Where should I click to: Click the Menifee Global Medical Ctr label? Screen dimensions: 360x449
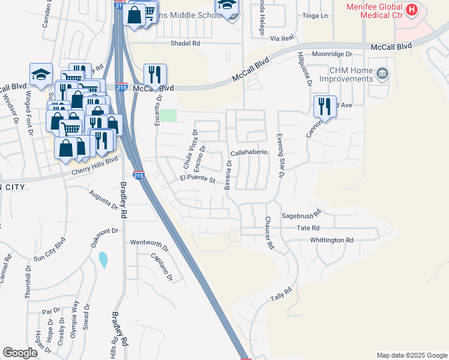coord(372,11)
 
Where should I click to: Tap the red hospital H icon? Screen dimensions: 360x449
coord(411,10)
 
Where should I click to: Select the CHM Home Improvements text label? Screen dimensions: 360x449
coord(349,75)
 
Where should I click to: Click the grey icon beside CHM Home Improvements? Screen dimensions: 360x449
coord(382,74)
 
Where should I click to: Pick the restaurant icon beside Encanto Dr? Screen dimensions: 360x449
coord(155,74)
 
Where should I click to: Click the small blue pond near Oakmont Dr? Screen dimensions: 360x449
coord(103,259)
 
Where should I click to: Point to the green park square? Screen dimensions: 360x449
coord(169,115)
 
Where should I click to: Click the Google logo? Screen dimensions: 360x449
coord(20,353)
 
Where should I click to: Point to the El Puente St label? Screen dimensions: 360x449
coord(197,178)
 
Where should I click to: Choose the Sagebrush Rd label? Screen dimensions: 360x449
coord(302,214)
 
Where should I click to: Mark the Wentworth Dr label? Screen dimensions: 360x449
coord(149,244)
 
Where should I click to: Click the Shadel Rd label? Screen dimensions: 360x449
coord(185,43)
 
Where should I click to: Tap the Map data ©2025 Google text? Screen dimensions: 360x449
coord(411,355)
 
